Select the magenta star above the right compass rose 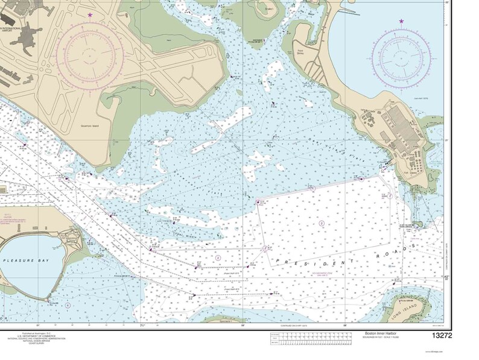[402, 22]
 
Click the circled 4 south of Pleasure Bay [68, 305]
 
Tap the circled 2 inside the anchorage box [322, 223]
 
